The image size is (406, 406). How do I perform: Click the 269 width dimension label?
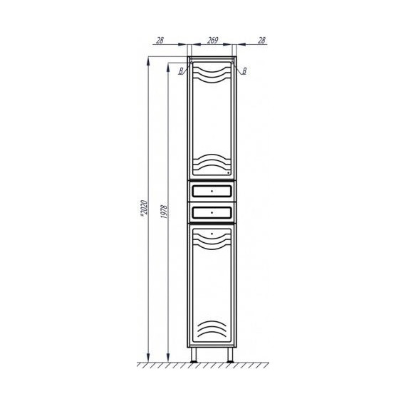[212, 41]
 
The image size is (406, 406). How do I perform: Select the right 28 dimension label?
[261, 41]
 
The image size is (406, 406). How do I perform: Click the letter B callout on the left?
[182, 70]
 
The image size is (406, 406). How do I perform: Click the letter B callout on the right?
[244, 70]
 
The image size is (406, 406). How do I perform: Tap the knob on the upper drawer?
[212, 192]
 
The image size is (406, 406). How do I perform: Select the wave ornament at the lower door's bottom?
[212, 331]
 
